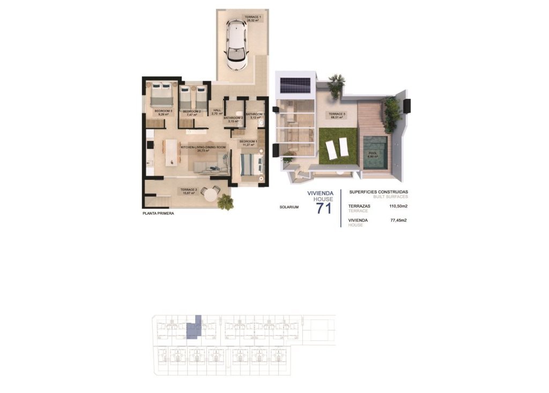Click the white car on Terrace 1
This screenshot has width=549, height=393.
[237, 45]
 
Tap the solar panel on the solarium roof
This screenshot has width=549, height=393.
[294, 85]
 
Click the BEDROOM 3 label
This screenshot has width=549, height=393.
[163, 111]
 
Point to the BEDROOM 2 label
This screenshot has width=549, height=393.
[191, 111]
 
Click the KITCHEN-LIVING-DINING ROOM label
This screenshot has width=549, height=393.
[203, 147]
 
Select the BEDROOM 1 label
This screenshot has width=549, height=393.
[248, 142]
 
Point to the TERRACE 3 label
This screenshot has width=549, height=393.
[337, 114]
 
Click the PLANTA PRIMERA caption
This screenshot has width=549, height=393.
[158, 213]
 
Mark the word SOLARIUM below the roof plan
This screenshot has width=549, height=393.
[289, 207]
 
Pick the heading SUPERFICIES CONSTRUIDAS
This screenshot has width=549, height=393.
[379, 192]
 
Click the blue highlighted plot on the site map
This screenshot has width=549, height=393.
[194, 327]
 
